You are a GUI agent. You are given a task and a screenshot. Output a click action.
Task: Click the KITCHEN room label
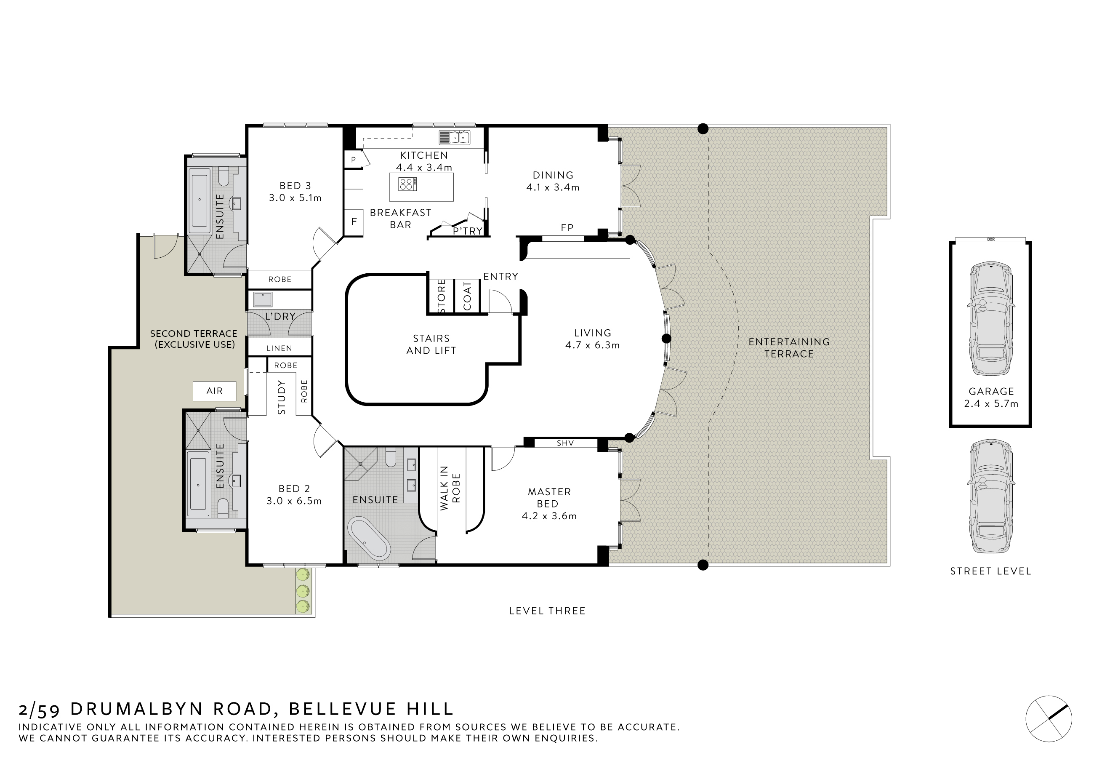pos(423,155)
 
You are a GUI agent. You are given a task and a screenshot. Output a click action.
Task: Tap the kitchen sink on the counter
pos(455,138)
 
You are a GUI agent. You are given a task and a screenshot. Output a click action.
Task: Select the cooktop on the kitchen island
pos(407,184)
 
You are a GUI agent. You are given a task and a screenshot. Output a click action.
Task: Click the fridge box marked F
pos(354,222)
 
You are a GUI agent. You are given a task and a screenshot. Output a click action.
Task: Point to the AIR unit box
pos(214,391)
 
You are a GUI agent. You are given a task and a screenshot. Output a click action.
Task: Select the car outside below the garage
pos(990,496)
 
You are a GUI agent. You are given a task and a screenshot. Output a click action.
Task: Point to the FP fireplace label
pos(567,228)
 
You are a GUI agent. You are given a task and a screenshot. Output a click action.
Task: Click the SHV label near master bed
pos(565,443)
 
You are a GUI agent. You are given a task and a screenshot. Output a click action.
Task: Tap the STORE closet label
pos(441,296)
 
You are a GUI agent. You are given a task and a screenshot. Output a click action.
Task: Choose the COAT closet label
pos(467,296)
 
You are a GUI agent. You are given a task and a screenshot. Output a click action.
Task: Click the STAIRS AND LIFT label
pos(431,344)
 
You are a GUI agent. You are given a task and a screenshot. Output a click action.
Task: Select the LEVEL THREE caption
pos(548,611)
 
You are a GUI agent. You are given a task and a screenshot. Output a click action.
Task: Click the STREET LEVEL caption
pos(990,571)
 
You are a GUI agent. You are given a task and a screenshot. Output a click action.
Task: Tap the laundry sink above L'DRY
pos(263,299)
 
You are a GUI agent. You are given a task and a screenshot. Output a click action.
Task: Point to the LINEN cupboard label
pos(279,348)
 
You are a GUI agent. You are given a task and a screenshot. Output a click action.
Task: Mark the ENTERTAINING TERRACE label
pos(789,348)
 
